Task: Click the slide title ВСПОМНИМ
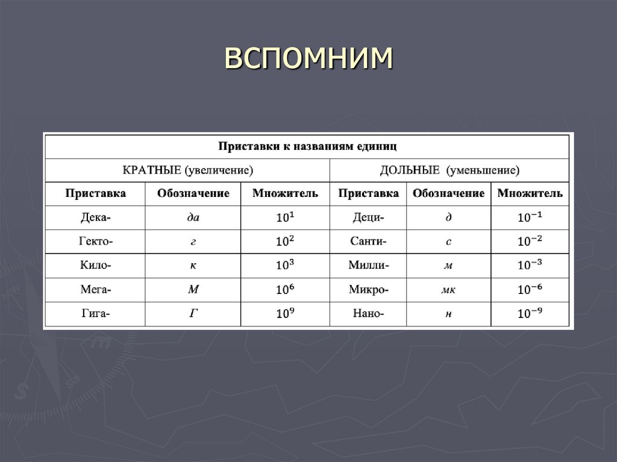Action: pos(308,58)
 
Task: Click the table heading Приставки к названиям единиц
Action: pos(307,146)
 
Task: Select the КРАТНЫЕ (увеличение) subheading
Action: pos(187,170)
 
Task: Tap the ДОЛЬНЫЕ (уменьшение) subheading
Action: pos(449,170)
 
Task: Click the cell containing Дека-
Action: pos(95,217)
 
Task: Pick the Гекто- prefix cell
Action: pos(95,242)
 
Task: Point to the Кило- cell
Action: pos(95,266)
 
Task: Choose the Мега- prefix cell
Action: pos(95,290)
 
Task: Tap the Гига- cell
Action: pos(95,314)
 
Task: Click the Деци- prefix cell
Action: pos(368,217)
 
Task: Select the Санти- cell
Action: pos(368,242)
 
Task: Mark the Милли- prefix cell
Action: pos(368,266)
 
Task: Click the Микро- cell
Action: pos(368,290)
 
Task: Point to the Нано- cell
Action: pos(368,314)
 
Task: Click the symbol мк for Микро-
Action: pos(448,290)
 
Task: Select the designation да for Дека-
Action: pos(193,217)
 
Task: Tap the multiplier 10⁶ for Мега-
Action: pos(285,289)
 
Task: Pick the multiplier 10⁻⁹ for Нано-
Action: pos(530,313)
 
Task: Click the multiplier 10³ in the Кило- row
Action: pos(285,265)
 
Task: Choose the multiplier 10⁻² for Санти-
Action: pos(530,241)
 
